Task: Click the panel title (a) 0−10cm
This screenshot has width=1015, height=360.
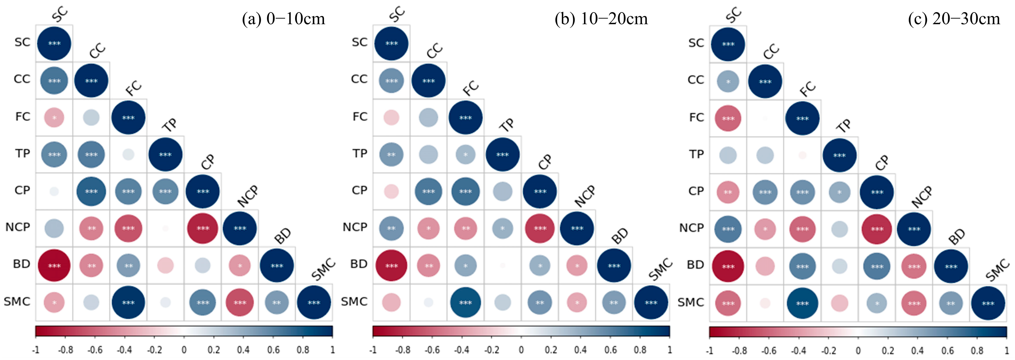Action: tap(284, 19)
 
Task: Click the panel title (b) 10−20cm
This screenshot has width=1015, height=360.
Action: tap(601, 19)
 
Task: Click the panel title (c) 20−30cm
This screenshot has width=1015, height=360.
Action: tap(954, 19)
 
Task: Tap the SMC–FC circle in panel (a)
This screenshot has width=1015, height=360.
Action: tap(129, 302)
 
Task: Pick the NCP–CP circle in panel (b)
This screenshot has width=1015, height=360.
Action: tap(540, 228)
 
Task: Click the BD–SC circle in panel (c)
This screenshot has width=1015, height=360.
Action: tap(728, 266)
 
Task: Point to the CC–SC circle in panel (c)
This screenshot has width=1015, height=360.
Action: tap(728, 82)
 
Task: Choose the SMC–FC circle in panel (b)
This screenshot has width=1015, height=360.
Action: tap(466, 302)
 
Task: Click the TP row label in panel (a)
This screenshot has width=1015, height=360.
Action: tap(23, 153)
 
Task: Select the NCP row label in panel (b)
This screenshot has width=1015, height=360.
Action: tap(355, 227)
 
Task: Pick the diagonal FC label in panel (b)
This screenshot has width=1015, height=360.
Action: tap(471, 88)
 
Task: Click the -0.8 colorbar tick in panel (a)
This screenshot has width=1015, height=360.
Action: tap(65, 350)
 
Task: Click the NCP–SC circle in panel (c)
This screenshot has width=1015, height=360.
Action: tap(728, 229)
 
